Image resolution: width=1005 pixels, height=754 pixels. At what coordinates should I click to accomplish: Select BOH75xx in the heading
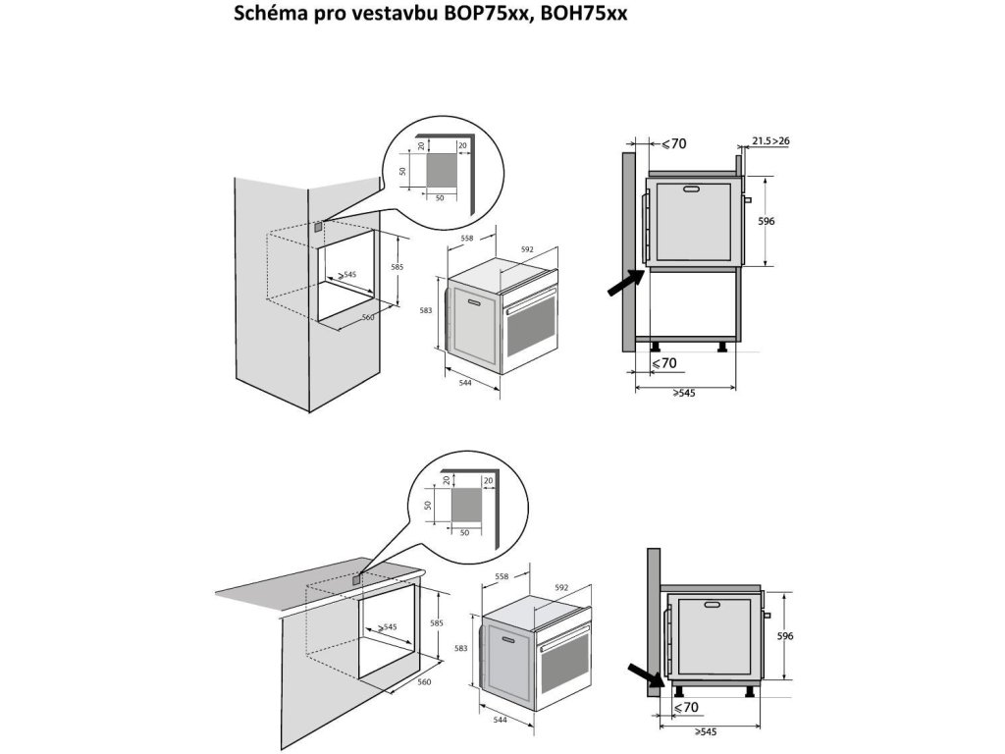584,14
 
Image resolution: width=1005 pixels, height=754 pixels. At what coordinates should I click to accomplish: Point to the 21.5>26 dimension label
771,141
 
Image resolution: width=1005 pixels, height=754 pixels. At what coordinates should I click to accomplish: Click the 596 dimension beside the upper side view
767,221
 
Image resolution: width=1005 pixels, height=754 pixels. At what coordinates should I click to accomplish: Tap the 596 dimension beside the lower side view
785,636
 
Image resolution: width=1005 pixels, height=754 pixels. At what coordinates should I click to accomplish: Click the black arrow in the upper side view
625,283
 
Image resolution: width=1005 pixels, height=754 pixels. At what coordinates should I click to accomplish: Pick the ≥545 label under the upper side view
684,393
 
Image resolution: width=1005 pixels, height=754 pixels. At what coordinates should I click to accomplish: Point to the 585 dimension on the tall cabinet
397,267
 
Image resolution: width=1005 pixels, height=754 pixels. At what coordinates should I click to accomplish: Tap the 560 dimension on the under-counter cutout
424,682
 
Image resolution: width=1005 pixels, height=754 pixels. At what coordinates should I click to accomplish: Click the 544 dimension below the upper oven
465,383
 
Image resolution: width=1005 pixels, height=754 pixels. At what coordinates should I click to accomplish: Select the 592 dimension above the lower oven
561,587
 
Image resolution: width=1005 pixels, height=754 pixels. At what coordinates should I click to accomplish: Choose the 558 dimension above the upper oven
467,238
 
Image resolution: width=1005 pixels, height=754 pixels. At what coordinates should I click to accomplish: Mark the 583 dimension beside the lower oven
461,648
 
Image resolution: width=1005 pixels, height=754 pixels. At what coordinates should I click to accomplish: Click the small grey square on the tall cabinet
318,227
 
